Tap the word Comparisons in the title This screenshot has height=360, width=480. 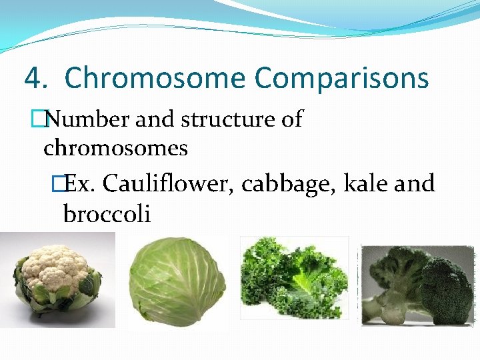pos(341,78)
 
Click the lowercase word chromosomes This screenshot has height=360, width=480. pos(115,148)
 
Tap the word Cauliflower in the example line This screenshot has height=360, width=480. pos(166,183)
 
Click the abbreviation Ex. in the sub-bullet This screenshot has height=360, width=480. pos(81,183)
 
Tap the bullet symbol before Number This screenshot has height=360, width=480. pos(45,119)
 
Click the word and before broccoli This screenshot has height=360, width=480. pos(414,183)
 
